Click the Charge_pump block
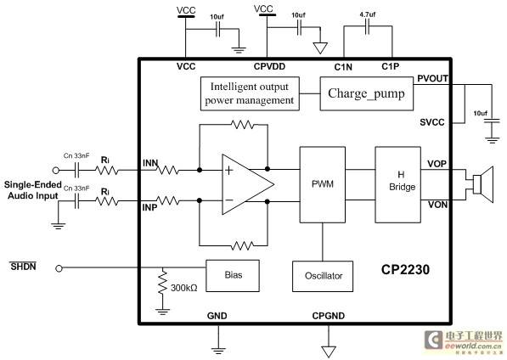pyautogui.click(x=366, y=93)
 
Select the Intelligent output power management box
pyautogui.click(x=250, y=93)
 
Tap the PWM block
pyautogui.click(x=323, y=184)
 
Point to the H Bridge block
pyautogui.click(x=397, y=184)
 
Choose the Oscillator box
pyautogui.click(x=323, y=276)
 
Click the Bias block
pyautogui.click(x=233, y=276)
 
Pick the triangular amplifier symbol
pyautogui.click(x=248, y=184)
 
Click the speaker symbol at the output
pyautogui.click(x=482, y=184)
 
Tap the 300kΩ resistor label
pyautogui.click(x=184, y=288)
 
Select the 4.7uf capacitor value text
pyautogui.click(x=368, y=14)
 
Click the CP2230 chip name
pyautogui.click(x=405, y=269)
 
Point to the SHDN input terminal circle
pyautogui.click(x=59, y=268)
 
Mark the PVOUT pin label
pyautogui.click(x=432, y=78)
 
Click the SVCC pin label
pyautogui.click(x=432, y=122)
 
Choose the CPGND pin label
pyautogui.click(x=328, y=316)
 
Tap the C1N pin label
pyautogui.click(x=343, y=67)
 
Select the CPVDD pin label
pyautogui.click(x=269, y=66)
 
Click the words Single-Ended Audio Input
pyautogui.click(x=32, y=190)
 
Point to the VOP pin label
pyautogui.click(x=437, y=164)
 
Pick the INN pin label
pyautogui.click(x=150, y=163)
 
